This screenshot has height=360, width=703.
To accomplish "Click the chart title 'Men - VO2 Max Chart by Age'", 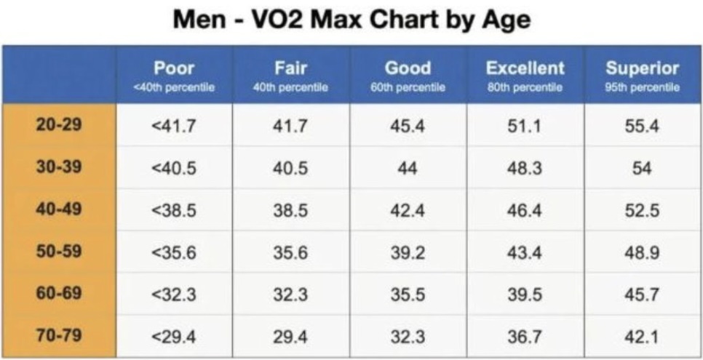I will tap(351, 20).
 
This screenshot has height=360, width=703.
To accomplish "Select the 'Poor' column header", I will tap(174, 69).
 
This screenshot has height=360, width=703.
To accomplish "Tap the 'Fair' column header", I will tap(290, 69).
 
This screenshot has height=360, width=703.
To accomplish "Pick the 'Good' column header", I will tap(408, 69).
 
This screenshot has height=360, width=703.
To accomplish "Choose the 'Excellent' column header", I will tap(525, 69).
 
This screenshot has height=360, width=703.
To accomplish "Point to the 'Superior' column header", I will tap(642, 69).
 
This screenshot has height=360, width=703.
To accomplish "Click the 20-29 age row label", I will tap(59, 124).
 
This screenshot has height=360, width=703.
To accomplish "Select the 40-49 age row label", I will tap(59, 209).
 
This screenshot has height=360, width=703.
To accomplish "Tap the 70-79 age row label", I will tap(59, 336).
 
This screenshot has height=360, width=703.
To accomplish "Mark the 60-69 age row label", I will tap(59, 294).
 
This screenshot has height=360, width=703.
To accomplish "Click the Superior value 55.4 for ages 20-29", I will tap(642, 125).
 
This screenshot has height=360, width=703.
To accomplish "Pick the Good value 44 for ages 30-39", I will tap(408, 167).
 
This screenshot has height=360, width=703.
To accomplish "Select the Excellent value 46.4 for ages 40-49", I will tap(525, 210).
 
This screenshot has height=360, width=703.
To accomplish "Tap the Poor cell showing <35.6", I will tap(174, 252).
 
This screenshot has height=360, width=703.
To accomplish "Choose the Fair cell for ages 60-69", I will tap(290, 295).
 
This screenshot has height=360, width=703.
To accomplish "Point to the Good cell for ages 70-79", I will tap(408, 337).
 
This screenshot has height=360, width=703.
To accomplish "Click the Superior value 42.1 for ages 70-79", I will tap(642, 337).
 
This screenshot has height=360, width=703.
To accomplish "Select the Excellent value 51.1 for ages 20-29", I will tap(525, 125).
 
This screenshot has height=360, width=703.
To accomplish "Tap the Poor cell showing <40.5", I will tap(174, 167).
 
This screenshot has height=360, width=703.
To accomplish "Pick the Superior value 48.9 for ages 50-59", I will tap(642, 252).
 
